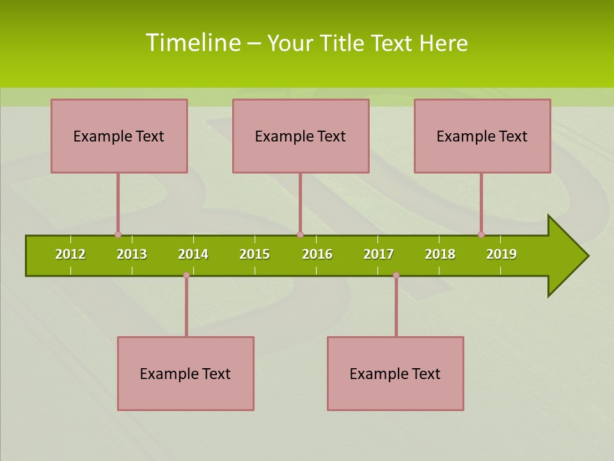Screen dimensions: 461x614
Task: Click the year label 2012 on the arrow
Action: (70, 254)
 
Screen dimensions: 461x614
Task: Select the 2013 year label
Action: (132, 254)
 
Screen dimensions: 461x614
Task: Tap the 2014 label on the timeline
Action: (193, 254)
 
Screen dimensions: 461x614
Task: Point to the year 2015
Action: (255, 254)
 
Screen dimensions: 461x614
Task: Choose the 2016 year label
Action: (317, 254)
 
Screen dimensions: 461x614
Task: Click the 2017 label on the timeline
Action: (379, 254)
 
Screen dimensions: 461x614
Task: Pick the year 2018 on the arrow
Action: (440, 254)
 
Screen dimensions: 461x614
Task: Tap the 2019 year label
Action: (501, 254)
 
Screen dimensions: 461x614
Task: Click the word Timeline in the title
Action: (193, 43)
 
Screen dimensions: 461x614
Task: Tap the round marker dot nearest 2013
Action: (118, 234)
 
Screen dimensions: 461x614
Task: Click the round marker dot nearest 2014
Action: (186, 275)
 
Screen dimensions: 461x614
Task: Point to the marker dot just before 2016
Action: (300, 234)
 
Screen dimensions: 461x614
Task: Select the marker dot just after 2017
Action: (396, 275)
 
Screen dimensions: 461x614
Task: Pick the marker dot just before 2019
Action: (481, 234)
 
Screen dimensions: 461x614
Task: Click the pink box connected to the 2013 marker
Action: (119, 136)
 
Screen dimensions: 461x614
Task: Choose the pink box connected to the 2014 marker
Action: (185, 373)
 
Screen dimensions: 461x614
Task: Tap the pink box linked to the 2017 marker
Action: (395, 373)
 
